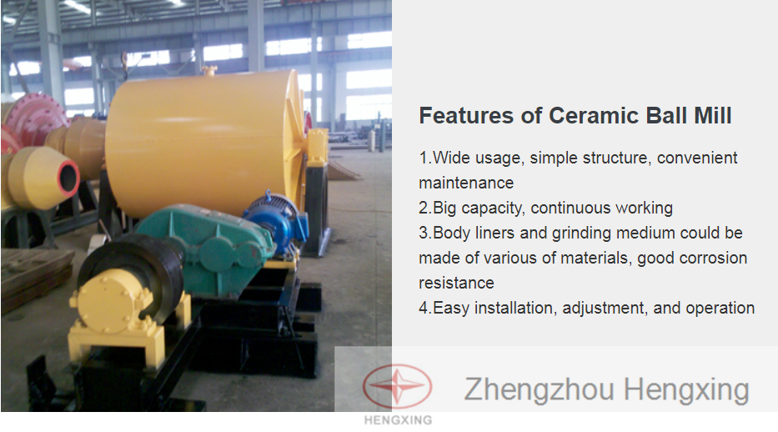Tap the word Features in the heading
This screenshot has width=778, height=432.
[466, 116]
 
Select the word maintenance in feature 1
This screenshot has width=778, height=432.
[466, 183]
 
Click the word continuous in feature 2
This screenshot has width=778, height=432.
[563, 208]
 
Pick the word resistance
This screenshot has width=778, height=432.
[456, 284]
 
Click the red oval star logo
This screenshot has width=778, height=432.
[398, 386]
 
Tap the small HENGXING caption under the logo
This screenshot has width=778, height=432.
[398, 420]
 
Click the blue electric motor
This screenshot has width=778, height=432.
[276, 219]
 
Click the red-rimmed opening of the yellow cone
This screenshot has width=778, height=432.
[68, 177]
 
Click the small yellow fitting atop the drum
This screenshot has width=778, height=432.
[209, 70]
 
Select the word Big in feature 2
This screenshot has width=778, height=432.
[444, 208]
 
